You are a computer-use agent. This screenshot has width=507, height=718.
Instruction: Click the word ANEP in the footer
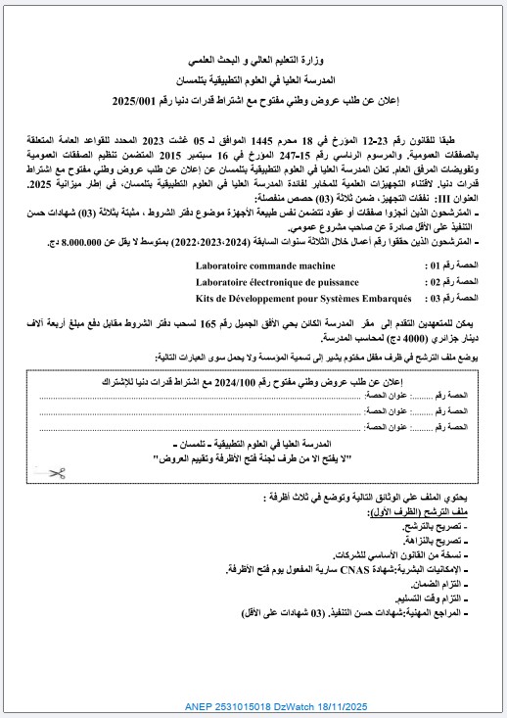click(x=200, y=705)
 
